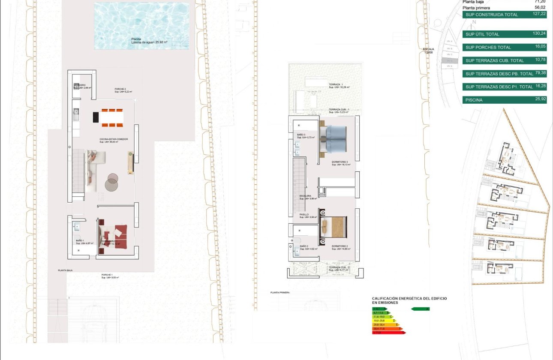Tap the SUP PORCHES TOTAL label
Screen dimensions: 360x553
[488, 48]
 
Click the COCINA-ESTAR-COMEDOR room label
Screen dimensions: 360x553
[114, 139]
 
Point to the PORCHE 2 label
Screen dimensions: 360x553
[120, 89]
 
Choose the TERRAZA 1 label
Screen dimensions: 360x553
[336, 84]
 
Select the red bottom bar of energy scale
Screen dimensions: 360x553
[388, 332]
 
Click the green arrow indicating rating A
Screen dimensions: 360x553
[420, 309]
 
